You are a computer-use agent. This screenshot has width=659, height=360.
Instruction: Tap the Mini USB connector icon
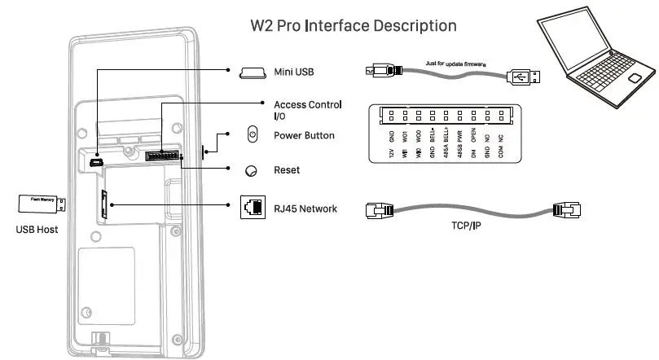(253, 73)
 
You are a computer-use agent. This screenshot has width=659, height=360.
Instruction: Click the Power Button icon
(252, 135)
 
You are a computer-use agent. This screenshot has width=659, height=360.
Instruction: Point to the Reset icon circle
(252, 170)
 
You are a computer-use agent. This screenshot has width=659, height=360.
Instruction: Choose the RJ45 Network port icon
(252, 209)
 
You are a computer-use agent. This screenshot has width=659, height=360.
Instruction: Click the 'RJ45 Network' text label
(305, 209)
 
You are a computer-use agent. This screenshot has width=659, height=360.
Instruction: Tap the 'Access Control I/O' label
(307, 111)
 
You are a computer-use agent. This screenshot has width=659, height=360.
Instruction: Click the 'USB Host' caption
(37, 230)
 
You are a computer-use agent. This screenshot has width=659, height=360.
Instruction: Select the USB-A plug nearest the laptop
(525, 77)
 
